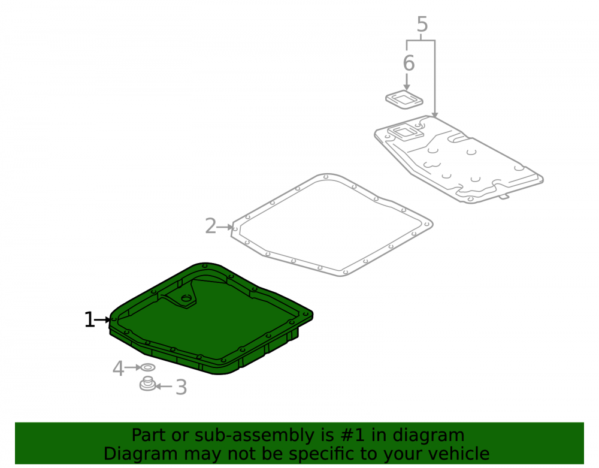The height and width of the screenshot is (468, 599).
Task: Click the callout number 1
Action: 89,320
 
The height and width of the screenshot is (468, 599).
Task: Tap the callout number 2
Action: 210,226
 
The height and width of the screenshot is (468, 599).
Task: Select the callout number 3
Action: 181,387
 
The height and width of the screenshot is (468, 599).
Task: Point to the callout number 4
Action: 119,369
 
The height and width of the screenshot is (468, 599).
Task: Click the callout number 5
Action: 422,25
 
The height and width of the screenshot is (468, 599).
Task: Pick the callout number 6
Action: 409,63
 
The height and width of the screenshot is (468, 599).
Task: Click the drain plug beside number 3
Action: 147,384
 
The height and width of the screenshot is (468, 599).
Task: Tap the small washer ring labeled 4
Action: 148,367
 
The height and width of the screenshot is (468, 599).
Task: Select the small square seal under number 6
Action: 404,99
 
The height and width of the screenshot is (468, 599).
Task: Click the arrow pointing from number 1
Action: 103,320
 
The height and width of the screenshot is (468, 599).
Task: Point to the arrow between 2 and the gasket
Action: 225,227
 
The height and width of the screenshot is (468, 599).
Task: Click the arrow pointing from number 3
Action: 164,387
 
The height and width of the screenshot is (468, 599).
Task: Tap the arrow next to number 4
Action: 133,367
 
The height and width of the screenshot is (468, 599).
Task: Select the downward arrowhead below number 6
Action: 407,87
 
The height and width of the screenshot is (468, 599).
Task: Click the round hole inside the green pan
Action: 186,298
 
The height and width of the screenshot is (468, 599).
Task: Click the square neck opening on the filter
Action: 406,132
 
